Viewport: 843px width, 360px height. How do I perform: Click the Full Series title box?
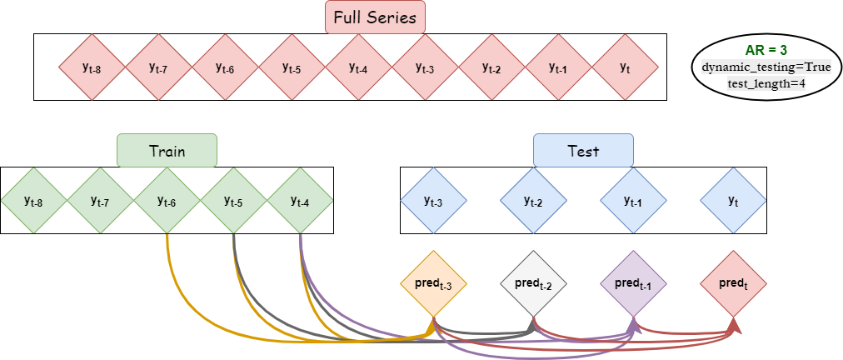click(x=375, y=17)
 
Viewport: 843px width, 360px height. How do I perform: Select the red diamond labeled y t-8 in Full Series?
click(x=92, y=67)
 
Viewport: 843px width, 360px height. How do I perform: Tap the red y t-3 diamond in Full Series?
click(x=425, y=67)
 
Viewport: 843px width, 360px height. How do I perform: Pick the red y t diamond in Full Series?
click(x=625, y=67)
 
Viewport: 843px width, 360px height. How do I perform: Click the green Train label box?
click(x=167, y=151)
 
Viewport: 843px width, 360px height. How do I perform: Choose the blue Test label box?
click(x=583, y=151)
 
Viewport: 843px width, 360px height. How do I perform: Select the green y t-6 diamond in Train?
click(x=167, y=200)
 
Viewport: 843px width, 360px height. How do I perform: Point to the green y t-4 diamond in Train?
click(x=300, y=200)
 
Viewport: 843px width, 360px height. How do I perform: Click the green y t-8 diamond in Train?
click(x=33, y=200)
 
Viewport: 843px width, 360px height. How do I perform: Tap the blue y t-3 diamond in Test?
click(x=433, y=200)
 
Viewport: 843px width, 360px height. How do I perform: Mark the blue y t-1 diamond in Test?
click(x=633, y=200)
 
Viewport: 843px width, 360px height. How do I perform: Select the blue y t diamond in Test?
click(x=733, y=200)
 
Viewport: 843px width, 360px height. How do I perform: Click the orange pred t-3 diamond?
click(x=433, y=283)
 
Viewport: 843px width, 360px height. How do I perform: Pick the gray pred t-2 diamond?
click(x=533, y=283)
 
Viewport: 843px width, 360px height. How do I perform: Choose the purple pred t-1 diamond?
click(x=633, y=283)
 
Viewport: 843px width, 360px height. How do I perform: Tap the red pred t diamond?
click(x=733, y=283)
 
